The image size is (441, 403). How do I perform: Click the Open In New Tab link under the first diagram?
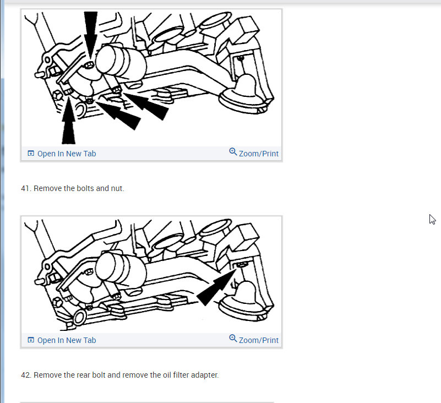(x=67, y=154)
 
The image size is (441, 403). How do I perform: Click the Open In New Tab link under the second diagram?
(x=67, y=340)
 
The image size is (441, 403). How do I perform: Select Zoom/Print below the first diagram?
(x=258, y=154)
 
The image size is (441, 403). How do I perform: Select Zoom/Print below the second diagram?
(x=258, y=340)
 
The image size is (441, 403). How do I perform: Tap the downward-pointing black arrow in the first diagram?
(x=90, y=34)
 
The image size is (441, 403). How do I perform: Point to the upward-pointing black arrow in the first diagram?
(x=68, y=121)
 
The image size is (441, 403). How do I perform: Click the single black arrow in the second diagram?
(x=216, y=287)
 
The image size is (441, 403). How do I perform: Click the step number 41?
(x=25, y=188)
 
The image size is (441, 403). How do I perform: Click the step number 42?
(x=26, y=375)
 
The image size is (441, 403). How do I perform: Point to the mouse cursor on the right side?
(x=432, y=219)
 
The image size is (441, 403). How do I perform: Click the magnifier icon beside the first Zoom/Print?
(x=233, y=152)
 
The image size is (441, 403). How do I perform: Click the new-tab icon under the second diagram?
(x=31, y=340)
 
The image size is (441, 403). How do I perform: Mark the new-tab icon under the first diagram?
(x=31, y=153)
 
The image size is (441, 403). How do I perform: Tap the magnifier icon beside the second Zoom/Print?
(x=233, y=339)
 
